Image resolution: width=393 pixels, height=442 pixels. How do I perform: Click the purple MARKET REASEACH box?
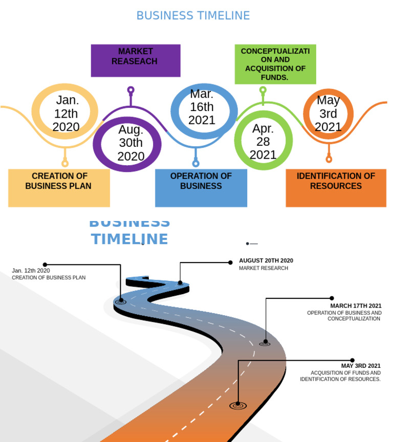pyautogui.click(x=136, y=60)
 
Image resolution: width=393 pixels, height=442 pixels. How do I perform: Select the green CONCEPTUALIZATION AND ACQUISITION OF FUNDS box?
pyautogui.click(x=275, y=64)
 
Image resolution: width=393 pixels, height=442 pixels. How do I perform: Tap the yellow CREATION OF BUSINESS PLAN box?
pyautogui.click(x=59, y=188)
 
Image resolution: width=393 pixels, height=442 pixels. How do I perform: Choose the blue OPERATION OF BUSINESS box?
pyautogui.click(x=201, y=188)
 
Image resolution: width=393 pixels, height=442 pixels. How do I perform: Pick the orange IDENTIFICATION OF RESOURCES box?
pyautogui.click(x=336, y=188)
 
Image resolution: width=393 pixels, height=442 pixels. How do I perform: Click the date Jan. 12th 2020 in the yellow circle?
pyautogui.click(x=66, y=114)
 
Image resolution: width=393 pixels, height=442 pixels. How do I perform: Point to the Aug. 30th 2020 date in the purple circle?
pyautogui.click(x=131, y=143)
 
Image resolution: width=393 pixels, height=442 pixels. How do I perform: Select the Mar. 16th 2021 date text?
pyautogui.click(x=202, y=107)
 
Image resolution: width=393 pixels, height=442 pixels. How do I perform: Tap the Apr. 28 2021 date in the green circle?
pyautogui.click(x=263, y=142)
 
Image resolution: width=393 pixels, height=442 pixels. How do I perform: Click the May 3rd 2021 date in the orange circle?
pyautogui.click(x=328, y=114)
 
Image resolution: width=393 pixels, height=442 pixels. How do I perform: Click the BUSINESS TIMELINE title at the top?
pyautogui.click(x=193, y=16)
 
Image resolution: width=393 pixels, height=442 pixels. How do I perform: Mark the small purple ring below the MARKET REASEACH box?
pyautogui.click(x=131, y=90)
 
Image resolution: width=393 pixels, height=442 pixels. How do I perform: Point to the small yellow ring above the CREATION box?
pyautogui.click(x=65, y=164)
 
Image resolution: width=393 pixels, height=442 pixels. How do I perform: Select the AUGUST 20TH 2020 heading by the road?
pyautogui.click(x=266, y=261)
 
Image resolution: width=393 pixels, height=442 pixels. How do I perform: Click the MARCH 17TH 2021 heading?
pyautogui.click(x=356, y=306)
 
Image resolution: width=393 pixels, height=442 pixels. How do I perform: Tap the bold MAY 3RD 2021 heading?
pyautogui.click(x=361, y=366)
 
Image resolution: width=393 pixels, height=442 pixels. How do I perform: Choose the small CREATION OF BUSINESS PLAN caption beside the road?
pyautogui.click(x=49, y=278)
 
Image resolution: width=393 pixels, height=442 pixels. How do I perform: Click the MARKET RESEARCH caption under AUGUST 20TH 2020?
pyautogui.click(x=263, y=268)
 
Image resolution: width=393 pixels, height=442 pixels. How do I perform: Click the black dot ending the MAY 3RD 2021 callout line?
pyautogui.click(x=352, y=360)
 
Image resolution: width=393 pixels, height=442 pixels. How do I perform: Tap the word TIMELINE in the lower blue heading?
pyautogui.click(x=129, y=239)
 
